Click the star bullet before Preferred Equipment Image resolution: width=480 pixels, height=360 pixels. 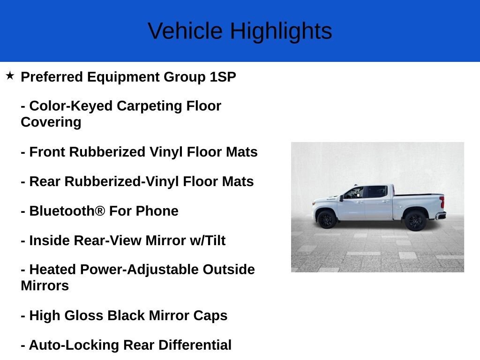[x=10, y=75]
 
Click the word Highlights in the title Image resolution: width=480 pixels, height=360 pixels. [x=281, y=31]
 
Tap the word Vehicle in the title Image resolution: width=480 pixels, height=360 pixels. [x=185, y=31]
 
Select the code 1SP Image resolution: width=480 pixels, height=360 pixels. [x=223, y=77]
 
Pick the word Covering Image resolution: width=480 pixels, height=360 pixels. [x=51, y=122]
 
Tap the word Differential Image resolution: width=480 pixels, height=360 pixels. [x=195, y=345]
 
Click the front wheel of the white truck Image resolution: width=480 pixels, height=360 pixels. [x=326, y=219]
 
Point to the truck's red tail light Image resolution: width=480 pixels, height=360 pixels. [x=442, y=202]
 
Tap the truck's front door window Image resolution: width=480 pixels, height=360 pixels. [x=354, y=193]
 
